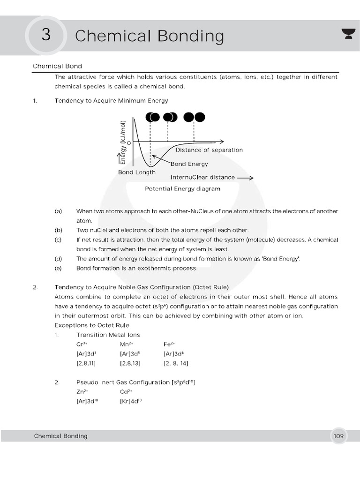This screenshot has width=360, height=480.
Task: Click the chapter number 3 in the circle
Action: pyautogui.click(x=45, y=36)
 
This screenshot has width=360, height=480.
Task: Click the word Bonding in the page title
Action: pyautogui.click(x=191, y=36)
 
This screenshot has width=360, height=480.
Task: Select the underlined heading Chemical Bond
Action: pyautogui.click(x=57, y=66)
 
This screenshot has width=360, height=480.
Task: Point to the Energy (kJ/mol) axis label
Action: pyautogui.click(x=123, y=141)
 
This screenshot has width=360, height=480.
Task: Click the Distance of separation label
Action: pyautogui.click(x=209, y=150)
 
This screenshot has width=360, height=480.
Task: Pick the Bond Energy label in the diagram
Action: pyautogui.click(x=189, y=164)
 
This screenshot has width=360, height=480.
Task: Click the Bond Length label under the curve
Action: pyautogui.click(x=136, y=172)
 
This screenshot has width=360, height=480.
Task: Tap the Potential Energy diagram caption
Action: pyautogui.click(x=182, y=189)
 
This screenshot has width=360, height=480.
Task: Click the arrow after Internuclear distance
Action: pyautogui.click(x=245, y=178)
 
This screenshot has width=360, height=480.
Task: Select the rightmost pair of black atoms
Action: pyautogui.click(x=194, y=117)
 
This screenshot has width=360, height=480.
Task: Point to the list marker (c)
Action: pyautogui.click(x=58, y=240)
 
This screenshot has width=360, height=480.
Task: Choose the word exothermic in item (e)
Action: pyautogui.click(x=157, y=269)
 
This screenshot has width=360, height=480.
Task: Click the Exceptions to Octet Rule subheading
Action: pyautogui.click(x=92, y=325)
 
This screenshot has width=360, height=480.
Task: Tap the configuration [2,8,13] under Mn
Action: pyautogui.click(x=130, y=363)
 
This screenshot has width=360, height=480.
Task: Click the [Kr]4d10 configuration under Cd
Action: pyautogui.click(x=131, y=401)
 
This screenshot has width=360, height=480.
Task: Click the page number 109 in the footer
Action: pyautogui.click(x=338, y=436)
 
